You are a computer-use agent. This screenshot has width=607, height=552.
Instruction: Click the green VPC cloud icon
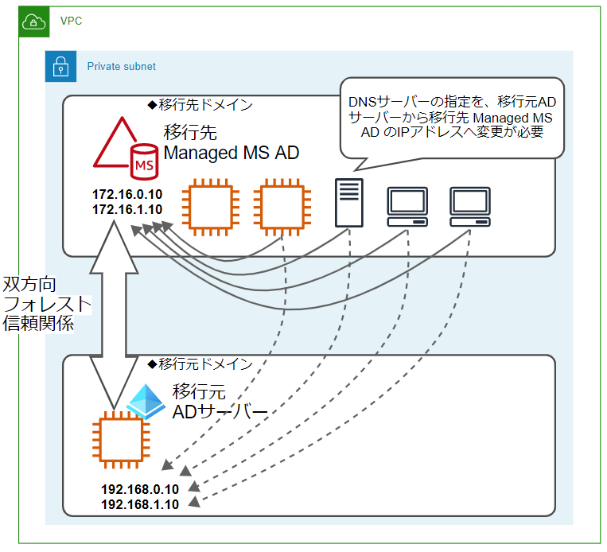tap(34, 21)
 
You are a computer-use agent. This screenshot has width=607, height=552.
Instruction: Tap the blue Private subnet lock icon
tap(60, 66)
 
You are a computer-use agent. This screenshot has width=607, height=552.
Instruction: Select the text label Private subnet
tap(121, 67)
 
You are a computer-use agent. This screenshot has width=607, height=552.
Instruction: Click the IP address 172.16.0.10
tap(127, 194)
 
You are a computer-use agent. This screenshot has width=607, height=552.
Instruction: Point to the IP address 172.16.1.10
tap(127, 209)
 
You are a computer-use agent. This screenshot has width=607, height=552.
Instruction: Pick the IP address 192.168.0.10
tap(140, 489)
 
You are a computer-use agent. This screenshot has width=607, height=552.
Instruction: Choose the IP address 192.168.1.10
tap(140, 504)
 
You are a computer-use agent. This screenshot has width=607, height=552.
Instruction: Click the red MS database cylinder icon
tap(144, 161)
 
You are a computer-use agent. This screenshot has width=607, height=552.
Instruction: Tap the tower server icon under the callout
tap(348, 203)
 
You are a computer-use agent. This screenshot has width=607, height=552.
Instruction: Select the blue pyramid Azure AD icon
tap(146, 402)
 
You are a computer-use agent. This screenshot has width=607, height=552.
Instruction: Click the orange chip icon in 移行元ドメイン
tap(121, 440)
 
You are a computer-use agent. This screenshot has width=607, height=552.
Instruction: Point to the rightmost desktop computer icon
tap(470, 207)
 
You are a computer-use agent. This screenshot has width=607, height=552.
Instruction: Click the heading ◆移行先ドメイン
tap(200, 104)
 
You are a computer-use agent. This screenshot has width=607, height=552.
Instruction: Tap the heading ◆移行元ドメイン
tap(200, 363)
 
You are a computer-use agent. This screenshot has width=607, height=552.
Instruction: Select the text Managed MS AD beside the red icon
tap(232, 153)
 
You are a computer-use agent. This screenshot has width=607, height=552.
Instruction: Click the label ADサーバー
tap(220, 412)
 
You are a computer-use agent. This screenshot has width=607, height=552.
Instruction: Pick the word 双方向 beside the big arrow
tap(29, 285)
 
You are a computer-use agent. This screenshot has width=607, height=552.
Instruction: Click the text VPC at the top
tap(72, 21)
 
